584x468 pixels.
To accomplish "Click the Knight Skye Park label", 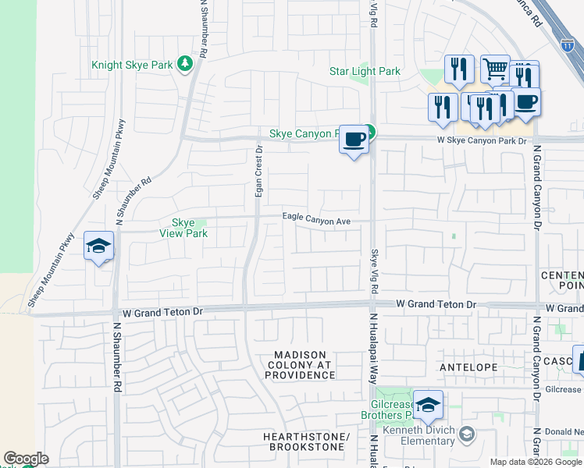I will (x=132, y=65).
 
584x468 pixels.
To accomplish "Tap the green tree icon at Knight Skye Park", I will (x=185, y=63).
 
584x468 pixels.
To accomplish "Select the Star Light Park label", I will (x=365, y=71).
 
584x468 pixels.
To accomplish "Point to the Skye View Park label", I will (x=183, y=228).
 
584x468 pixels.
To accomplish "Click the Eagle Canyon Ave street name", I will (x=316, y=221).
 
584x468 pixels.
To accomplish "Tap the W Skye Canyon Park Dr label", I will (x=483, y=140).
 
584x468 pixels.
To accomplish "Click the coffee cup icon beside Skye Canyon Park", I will (x=354, y=140).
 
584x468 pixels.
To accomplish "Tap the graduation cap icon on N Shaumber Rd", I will (x=99, y=246).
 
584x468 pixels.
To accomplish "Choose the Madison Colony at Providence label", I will (x=298, y=364).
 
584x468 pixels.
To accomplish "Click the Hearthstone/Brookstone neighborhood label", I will (x=305, y=441).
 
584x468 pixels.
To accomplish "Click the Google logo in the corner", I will (x=26, y=459).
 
